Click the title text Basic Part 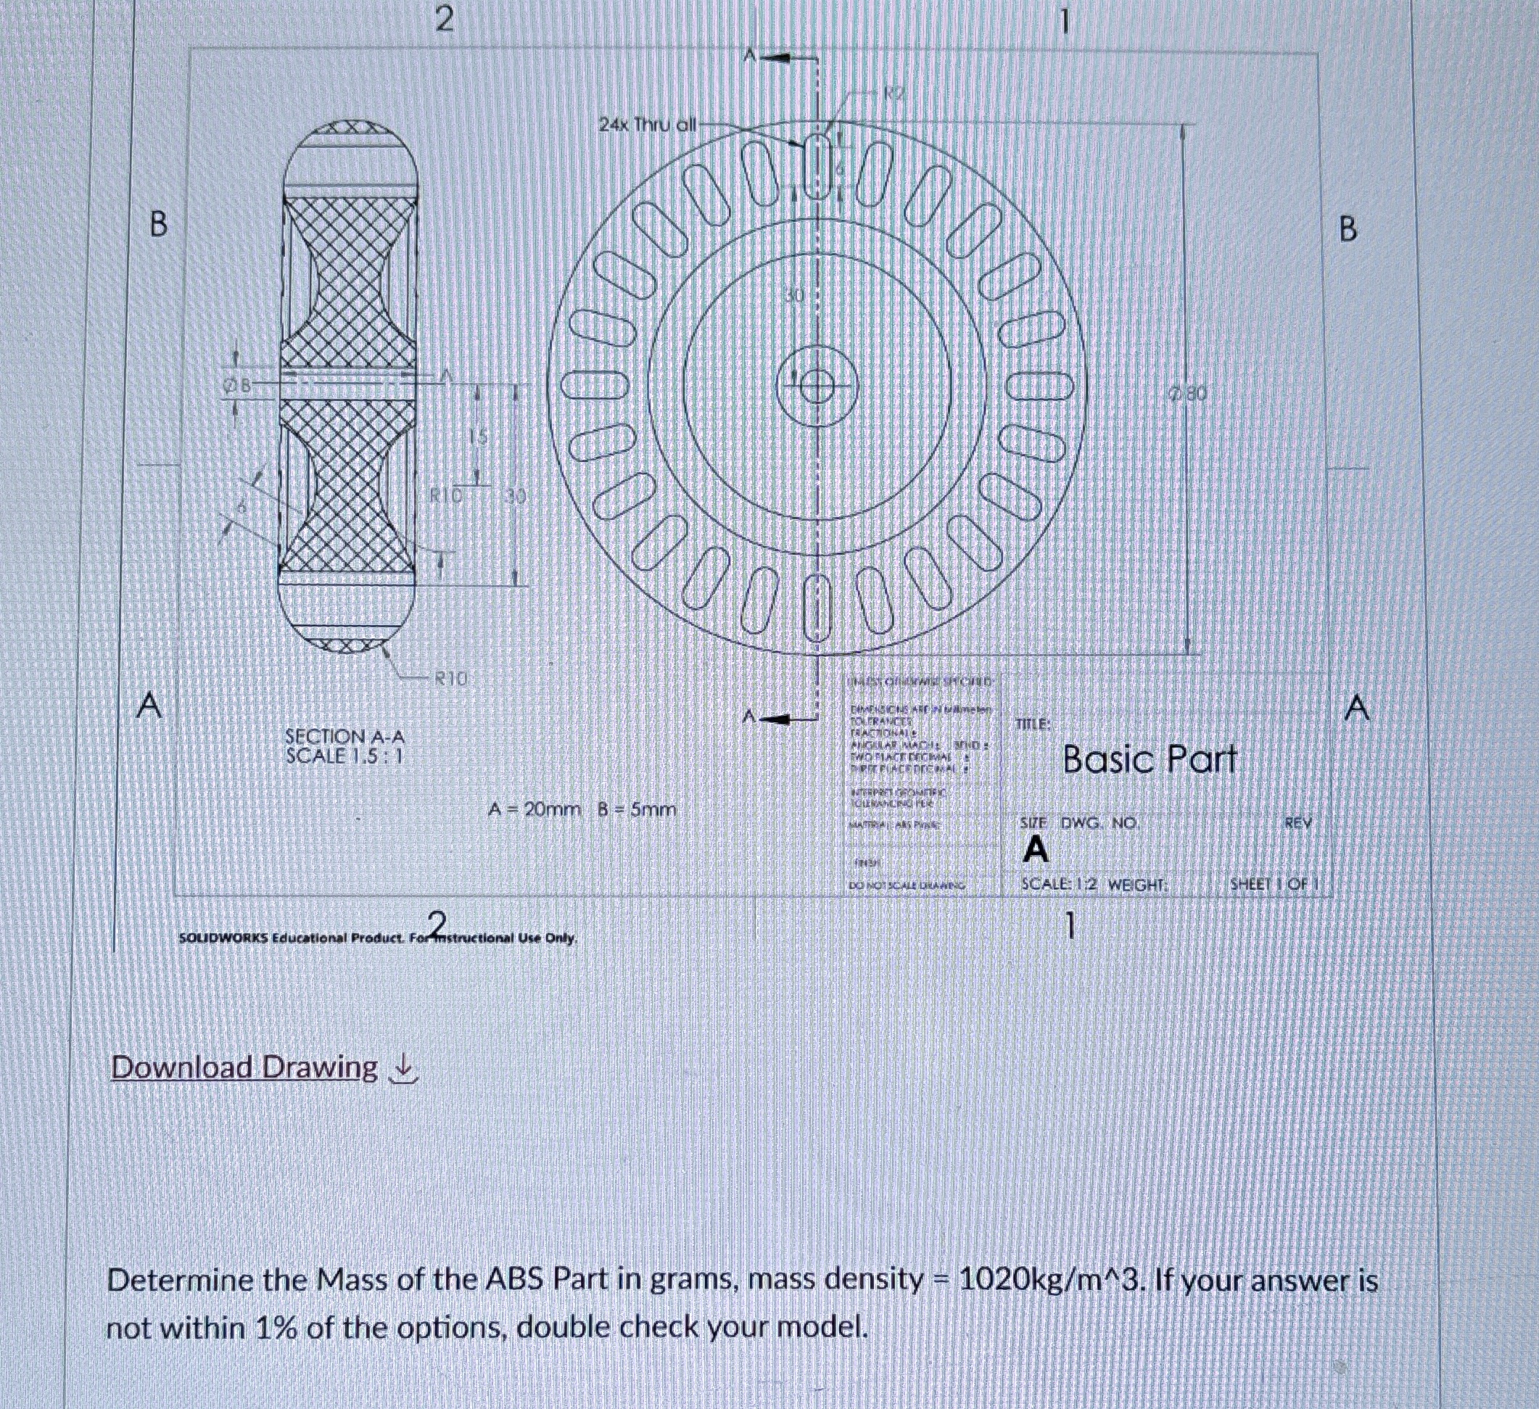pyautogui.click(x=1149, y=759)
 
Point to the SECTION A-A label pyautogui.click(x=344, y=737)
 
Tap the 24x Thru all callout pyautogui.click(x=647, y=125)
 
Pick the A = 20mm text pyautogui.click(x=535, y=809)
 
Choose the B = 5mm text pyautogui.click(x=636, y=809)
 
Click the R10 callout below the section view pyautogui.click(x=450, y=677)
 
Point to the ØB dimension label pyautogui.click(x=236, y=386)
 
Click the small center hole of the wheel pyautogui.click(x=816, y=387)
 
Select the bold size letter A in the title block pyautogui.click(x=1035, y=849)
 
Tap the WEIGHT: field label pyautogui.click(x=1137, y=885)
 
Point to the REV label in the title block pyautogui.click(x=1297, y=823)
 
